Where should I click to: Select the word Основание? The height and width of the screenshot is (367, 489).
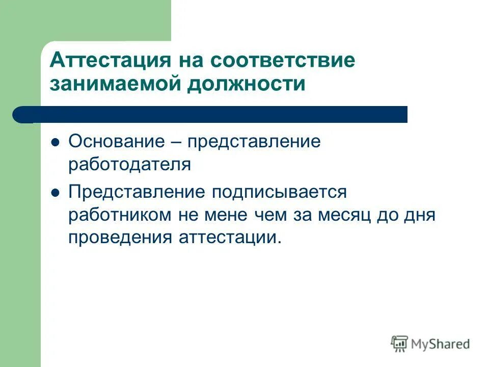pyautogui.click(x=114, y=142)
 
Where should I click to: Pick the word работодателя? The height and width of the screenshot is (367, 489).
pyautogui.click(x=129, y=164)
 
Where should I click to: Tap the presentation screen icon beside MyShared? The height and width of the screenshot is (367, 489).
pyautogui.click(x=400, y=344)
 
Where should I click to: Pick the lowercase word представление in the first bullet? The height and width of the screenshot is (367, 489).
pyautogui.click(x=254, y=142)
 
